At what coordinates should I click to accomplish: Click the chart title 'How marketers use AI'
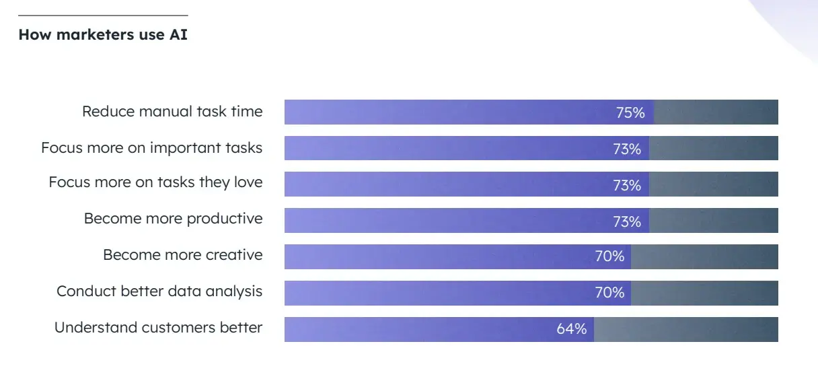click(103, 34)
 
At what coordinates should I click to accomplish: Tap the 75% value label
click(630, 112)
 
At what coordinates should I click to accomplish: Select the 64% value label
click(571, 329)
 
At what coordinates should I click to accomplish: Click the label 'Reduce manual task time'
click(172, 112)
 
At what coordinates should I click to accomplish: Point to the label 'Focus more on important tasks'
click(151, 147)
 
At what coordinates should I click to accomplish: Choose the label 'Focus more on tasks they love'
click(155, 182)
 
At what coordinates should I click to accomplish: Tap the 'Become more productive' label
click(173, 219)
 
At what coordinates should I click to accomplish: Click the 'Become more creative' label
click(182, 255)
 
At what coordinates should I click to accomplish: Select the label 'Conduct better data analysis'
click(159, 291)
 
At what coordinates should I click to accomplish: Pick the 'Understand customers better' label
click(158, 328)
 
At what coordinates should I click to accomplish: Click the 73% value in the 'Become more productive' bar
click(627, 221)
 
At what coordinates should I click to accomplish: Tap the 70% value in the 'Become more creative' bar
click(609, 256)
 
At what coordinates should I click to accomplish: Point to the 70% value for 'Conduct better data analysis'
click(609, 293)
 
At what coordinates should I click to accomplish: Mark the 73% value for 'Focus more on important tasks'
click(627, 149)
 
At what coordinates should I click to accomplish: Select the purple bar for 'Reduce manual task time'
click(444, 112)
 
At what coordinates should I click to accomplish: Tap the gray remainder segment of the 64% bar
click(686, 329)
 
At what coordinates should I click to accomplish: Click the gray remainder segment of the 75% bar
click(716, 112)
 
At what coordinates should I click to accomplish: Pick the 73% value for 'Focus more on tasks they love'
click(627, 185)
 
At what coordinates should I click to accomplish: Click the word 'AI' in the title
click(178, 34)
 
